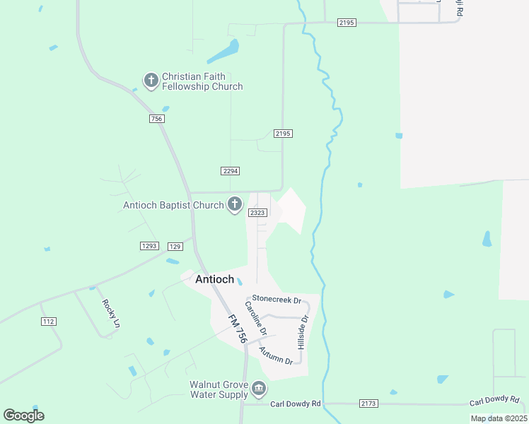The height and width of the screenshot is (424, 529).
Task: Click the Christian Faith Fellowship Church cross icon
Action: coord(151,81)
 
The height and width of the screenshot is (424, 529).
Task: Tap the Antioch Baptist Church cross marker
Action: coord(235,205)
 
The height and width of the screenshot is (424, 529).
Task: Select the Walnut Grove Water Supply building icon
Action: coord(259,389)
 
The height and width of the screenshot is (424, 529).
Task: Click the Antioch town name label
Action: coord(214,279)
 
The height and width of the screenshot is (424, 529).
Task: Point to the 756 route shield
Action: coord(157,119)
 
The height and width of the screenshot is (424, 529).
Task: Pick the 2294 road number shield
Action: coord(230,170)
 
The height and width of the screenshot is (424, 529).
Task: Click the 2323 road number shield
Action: coord(257,212)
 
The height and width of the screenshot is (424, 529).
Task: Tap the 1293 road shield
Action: coord(149,246)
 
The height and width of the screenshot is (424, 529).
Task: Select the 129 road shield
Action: coord(175,246)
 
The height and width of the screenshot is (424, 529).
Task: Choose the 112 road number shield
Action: coord(48,322)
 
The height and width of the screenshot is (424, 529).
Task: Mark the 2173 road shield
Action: coord(368,404)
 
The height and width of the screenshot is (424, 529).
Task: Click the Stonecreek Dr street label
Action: coord(277,300)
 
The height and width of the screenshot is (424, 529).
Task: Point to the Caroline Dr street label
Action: coord(255,318)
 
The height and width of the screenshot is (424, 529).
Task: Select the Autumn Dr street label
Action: coord(276,355)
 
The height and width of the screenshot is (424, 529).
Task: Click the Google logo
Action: coord(23,416)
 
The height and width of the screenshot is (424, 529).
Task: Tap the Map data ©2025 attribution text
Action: coord(498,418)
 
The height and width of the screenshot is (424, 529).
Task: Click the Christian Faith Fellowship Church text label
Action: coord(202,81)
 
